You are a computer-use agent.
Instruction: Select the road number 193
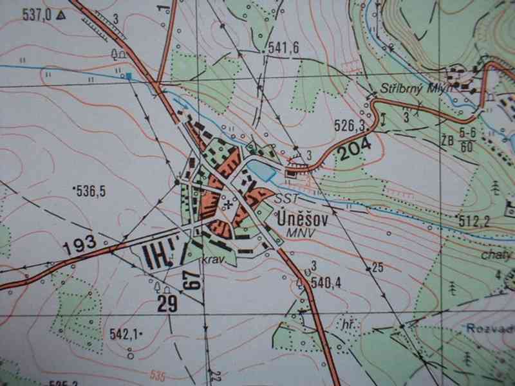pos(80,244)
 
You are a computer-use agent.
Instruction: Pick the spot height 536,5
pos(91,191)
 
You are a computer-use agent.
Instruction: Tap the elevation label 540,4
pos(324,282)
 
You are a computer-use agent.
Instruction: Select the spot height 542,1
pos(124,333)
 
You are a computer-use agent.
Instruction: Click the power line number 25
pos(377,266)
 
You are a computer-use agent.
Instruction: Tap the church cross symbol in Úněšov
pos(227,205)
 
